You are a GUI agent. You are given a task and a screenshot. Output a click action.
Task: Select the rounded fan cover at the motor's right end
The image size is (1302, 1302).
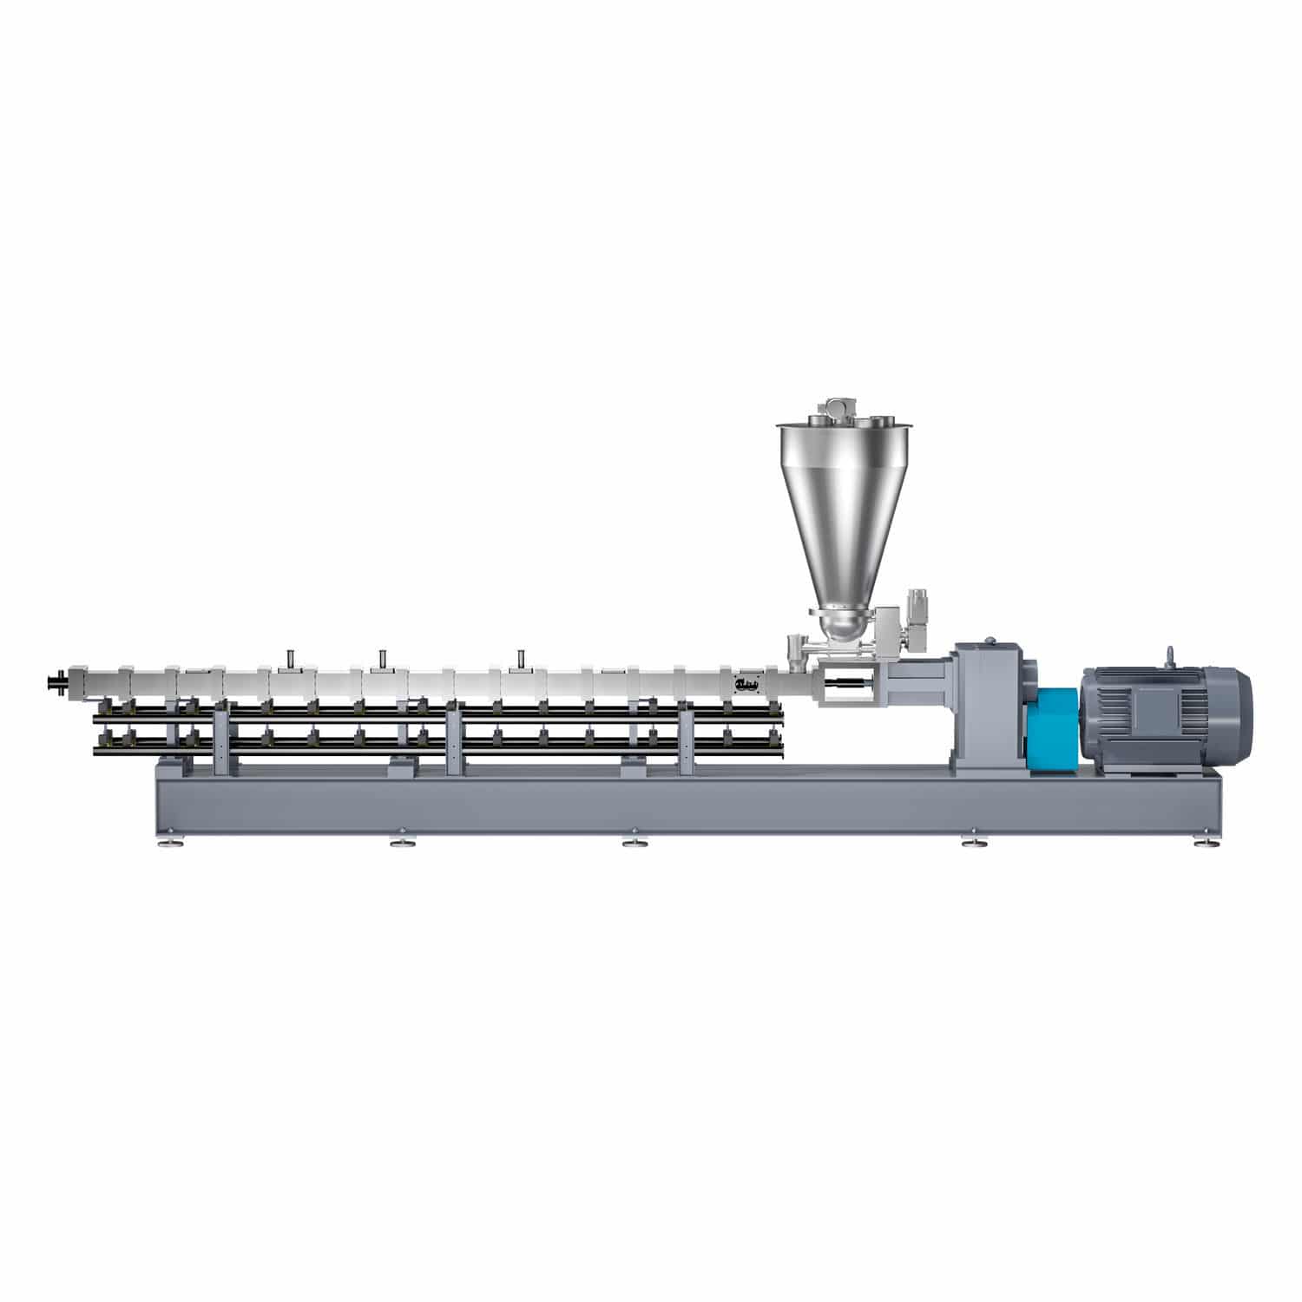[x=1237, y=707]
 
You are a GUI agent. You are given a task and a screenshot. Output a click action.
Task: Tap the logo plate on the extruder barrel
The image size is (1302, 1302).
[x=746, y=685]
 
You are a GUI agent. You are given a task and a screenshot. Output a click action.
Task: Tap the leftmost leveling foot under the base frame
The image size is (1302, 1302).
[x=167, y=840]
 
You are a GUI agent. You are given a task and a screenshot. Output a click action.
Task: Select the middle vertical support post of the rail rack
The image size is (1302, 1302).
[x=455, y=738]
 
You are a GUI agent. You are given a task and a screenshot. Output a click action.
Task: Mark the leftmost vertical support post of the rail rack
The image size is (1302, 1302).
[x=220, y=738]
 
